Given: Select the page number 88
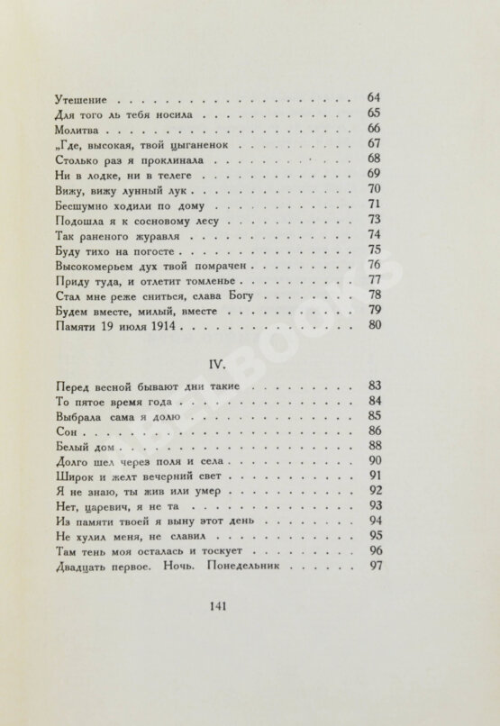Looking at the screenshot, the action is [x=377, y=448].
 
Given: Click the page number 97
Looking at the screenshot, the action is [x=377, y=566].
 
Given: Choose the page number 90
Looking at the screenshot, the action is [x=377, y=462].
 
